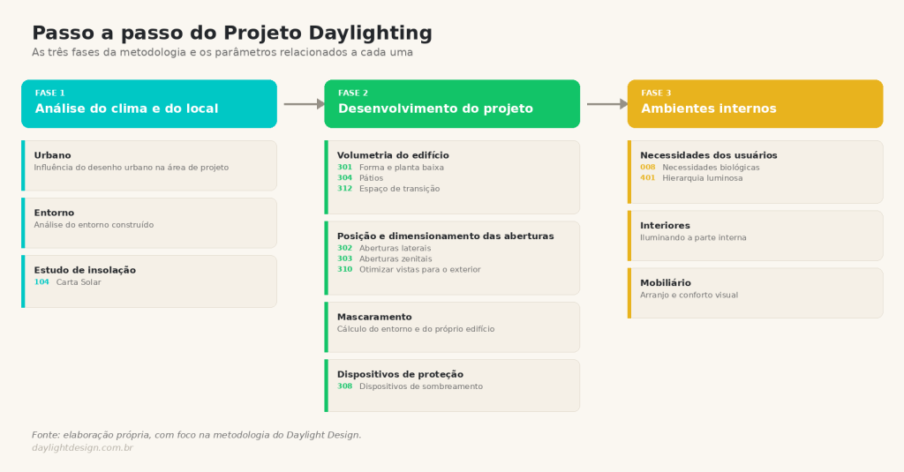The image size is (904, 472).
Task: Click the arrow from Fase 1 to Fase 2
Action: [x=305, y=104]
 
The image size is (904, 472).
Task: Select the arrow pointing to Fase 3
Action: [x=607, y=104]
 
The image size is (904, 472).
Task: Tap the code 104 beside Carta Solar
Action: [x=41, y=282]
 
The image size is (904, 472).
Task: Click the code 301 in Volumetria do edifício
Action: [x=345, y=168]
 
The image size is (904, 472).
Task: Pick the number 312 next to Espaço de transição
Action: [x=345, y=189]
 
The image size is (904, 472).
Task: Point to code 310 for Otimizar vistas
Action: [x=345, y=270]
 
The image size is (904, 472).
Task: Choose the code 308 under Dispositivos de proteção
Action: [x=345, y=386]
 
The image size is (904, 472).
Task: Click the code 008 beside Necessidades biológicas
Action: [x=648, y=168]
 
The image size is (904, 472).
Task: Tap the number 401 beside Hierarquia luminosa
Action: [x=648, y=178]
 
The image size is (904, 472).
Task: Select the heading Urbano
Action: [x=52, y=155]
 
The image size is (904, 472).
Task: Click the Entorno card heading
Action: [x=54, y=213]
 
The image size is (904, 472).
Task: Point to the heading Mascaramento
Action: [x=374, y=317]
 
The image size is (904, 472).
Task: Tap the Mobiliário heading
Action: [x=666, y=283]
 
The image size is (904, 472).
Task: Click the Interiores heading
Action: [x=666, y=225]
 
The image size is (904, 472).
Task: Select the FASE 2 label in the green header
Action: [x=353, y=93]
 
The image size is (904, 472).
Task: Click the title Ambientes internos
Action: [x=709, y=109]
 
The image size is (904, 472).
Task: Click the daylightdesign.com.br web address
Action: [x=82, y=448]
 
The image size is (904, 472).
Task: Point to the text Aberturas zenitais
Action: [x=395, y=258]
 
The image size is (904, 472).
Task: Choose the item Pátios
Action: [x=372, y=178]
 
